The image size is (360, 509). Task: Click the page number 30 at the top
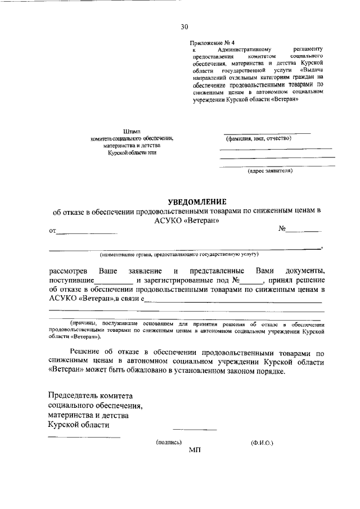coord(184,26)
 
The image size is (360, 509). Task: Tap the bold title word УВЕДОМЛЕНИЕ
coord(197,202)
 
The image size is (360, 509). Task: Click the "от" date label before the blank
coord(53,231)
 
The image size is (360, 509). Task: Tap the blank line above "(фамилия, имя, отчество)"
coord(268,133)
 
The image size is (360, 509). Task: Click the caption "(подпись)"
coord(169,443)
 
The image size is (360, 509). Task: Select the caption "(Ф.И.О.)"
coord(262,443)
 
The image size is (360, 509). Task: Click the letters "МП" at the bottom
coord(195,451)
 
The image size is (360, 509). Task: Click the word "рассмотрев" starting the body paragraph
coord(68,271)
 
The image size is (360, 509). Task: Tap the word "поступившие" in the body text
coord(71,280)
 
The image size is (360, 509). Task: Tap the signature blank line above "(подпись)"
coord(194,430)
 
